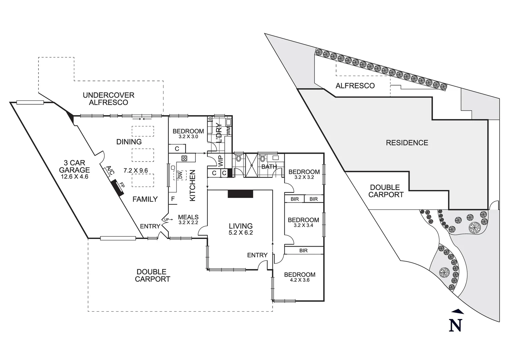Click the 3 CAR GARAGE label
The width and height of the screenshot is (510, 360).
74,166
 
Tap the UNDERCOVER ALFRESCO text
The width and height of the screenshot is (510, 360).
108,99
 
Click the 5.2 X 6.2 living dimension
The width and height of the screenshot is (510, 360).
240,233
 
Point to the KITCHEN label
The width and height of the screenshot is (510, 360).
192,185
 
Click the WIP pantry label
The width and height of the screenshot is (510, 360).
220,161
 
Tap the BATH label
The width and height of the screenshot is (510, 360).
269,167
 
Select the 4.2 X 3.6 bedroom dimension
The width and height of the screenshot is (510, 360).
300,280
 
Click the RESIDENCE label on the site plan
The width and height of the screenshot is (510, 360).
407,143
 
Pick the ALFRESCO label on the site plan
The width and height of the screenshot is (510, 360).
355,86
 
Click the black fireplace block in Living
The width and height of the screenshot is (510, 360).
240,194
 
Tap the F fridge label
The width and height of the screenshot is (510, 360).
173,199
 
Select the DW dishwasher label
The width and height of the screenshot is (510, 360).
180,175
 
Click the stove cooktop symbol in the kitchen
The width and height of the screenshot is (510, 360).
184,158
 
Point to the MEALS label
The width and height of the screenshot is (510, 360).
188,217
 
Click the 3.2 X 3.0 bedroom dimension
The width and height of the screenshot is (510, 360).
188,137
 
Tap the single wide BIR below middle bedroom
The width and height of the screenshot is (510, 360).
303,250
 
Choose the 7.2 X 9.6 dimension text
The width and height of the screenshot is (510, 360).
136,171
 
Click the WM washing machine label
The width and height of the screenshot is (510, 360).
229,131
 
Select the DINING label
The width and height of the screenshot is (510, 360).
129,142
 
